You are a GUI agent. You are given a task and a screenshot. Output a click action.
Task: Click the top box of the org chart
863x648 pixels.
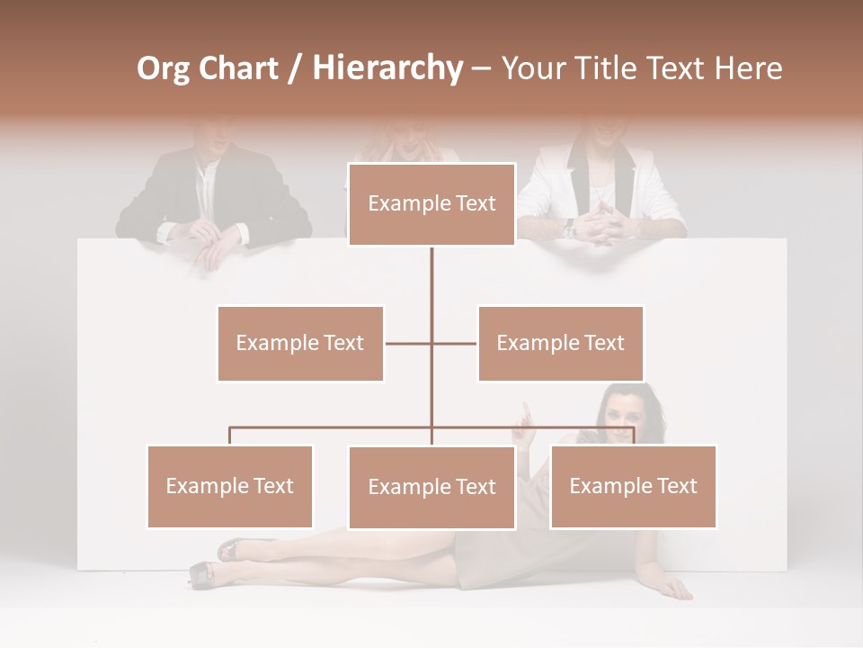431,204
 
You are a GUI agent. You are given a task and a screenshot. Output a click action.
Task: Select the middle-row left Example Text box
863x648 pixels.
300,343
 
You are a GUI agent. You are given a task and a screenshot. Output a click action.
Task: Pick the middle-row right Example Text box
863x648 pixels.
560,343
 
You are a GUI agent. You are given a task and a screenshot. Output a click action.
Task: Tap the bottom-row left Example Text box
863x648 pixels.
230,486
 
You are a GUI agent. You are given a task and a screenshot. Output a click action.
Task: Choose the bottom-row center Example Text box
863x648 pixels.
431,487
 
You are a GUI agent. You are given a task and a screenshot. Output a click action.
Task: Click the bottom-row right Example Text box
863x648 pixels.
633,486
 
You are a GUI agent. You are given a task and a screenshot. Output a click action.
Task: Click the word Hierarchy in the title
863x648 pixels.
387,68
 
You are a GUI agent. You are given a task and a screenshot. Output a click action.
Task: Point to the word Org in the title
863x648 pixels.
165,68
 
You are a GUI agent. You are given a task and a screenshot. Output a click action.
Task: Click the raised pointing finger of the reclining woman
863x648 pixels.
526,411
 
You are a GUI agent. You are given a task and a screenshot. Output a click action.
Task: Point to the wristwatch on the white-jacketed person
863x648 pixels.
569,229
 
